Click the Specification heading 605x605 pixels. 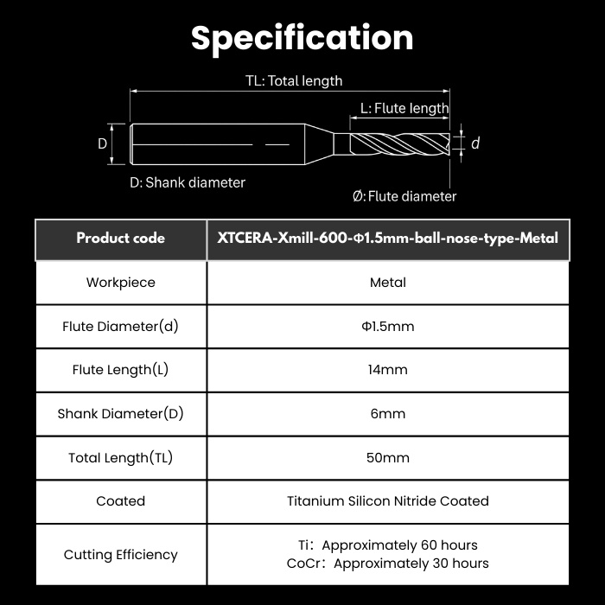pyautogui.click(x=302, y=38)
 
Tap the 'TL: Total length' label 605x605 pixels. pyautogui.click(x=294, y=81)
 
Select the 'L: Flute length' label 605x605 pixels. pyautogui.click(x=404, y=108)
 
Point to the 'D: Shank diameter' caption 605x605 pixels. pyautogui.click(x=188, y=182)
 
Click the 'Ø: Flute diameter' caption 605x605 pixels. pyautogui.click(x=404, y=196)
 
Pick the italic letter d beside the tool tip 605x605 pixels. pyautogui.click(x=475, y=143)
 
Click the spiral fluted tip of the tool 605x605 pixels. pyautogui.click(x=399, y=144)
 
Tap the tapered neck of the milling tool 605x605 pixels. pyautogui.click(x=320, y=144)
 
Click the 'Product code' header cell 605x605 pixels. pyautogui.click(x=121, y=238)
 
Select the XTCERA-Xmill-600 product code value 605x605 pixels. pyautogui.click(x=388, y=238)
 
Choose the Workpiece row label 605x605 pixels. pyautogui.click(x=121, y=283)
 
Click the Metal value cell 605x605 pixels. pyautogui.click(x=388, y=283)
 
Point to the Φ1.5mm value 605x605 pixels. pyautogui.click(x=388, y=327)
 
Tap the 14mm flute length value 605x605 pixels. pyautogui.click(x=388, y=370)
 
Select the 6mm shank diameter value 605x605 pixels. pyautogui.click(x=388, y=414)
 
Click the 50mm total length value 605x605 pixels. pyautogui.click(x=388, y=457)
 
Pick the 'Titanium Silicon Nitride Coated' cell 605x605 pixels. pyautogui.click(x=388, y=500)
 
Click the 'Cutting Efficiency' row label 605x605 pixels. pyautogui.click(x=121, y=555)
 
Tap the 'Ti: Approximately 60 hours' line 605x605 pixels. pyautogui.click(x=388, y=545)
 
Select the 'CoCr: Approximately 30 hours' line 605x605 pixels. pyautogui.click(x=388, y=564)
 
